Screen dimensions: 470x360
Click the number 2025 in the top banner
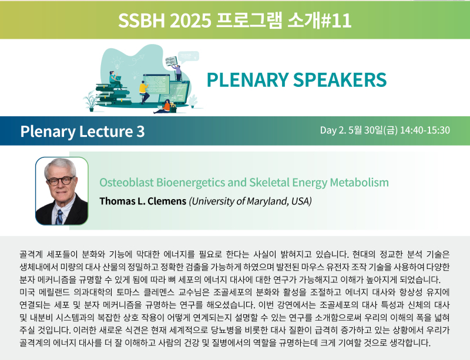[x=190, y=21]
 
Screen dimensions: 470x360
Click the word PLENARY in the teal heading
[x=247, y=80]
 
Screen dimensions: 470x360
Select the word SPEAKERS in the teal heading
[x=340, y=80]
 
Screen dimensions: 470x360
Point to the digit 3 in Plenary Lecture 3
[x=140, y=132]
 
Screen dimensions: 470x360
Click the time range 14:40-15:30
[x=425, y=130]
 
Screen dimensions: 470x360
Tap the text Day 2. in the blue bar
[x=333, y=130]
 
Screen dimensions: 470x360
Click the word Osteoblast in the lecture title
[x=126, y=182]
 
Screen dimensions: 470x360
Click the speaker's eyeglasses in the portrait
[x=61, y=181]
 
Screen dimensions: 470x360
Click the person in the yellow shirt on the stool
[x=144, y=92]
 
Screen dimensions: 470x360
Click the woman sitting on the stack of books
[x=115, y=79]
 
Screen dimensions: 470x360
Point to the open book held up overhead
[x=171, y=61]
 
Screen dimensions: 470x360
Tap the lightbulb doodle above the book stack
[x=117, y=63]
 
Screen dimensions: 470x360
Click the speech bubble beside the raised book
[x=188, y=56]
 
